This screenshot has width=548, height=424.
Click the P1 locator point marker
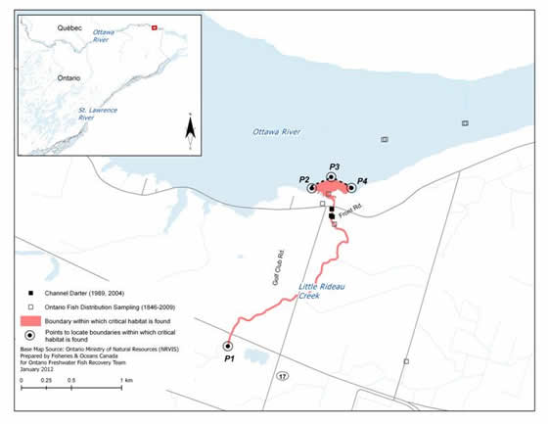[227, 346]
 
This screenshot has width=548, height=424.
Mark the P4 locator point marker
[351, 187]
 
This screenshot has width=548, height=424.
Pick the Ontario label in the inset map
[40, 76]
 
